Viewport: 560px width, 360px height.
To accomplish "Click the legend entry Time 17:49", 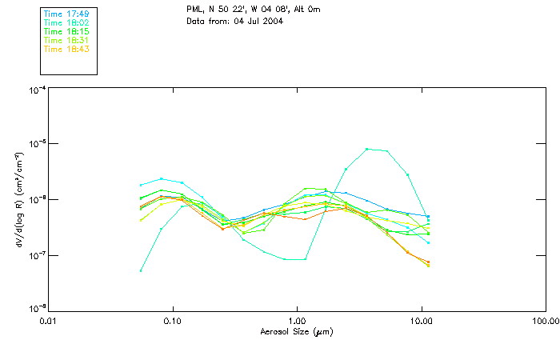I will pyautogui.click(x=66, y=14).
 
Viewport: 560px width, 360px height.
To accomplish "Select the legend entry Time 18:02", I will pyautogui.click(x=66, y=22).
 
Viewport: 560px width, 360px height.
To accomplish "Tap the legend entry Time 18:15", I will pyautogui.click(x=66, y=31).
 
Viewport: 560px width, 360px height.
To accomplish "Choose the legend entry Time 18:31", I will pyautogui.click(x=66, y=40).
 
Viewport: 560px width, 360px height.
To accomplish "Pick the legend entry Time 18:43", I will pyautogui.click(x=66, y=49).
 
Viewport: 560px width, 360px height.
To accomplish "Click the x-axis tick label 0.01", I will pyautogui.click(x=48, y=321).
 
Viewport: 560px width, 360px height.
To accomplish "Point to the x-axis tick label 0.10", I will pyautogui.click(x=172, y=321).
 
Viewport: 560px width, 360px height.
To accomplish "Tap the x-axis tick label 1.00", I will pyautogui.click(x=297, y=321).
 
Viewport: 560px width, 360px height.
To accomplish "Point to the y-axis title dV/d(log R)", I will pyautogui.click(x=18, y=199).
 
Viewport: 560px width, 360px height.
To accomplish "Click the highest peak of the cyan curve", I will pyautogui.click(x=367, y=149).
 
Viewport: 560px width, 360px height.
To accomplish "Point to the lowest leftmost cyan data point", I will pyautogui.click(x=141, y=270).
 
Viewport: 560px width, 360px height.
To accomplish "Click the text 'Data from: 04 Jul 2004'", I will pyautogui.click(x=234, y=21).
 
